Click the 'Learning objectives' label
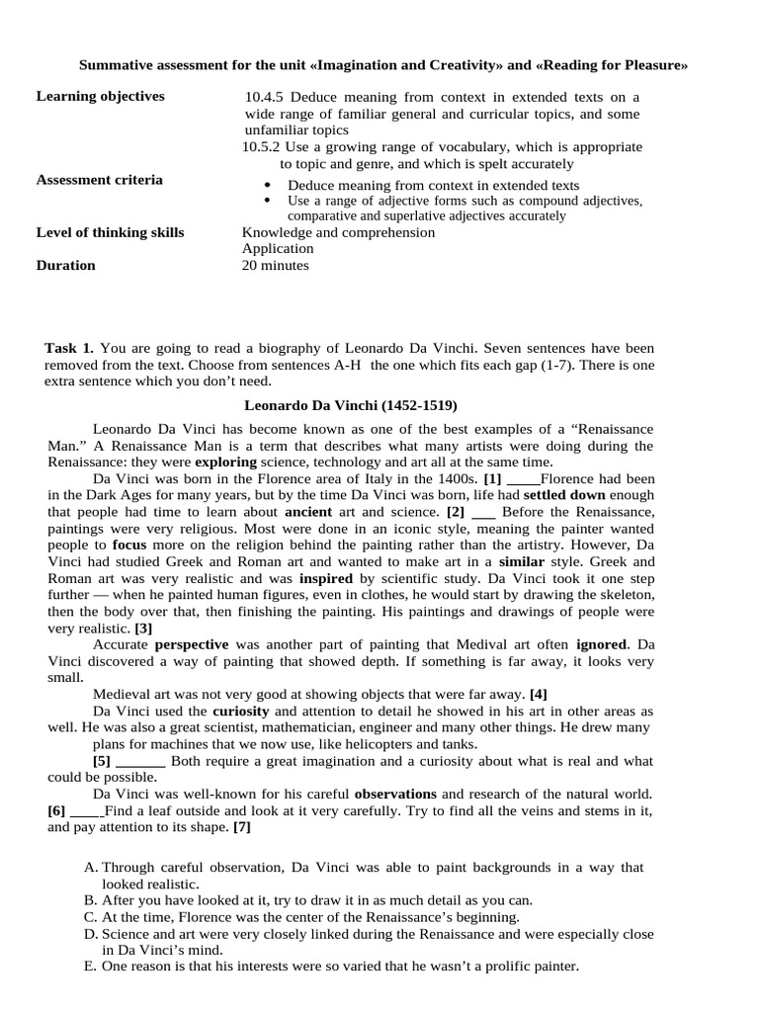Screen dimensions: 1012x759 [x=100, y=97]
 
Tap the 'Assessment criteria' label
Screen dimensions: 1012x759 [x=99, y=180]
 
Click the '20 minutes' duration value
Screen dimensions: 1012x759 [x=275, y=266]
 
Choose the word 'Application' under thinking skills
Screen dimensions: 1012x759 [x=278, y=249]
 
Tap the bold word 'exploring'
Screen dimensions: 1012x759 [x=226, y=463]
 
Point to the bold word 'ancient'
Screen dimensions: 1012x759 [x=308, y=512]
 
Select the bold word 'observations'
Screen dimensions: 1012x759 [x=395, y=794]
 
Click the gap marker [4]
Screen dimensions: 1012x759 [x=538, y=694]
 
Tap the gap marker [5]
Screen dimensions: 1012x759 [x=102, y=761]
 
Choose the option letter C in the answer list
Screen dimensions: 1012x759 [x=90, y=917]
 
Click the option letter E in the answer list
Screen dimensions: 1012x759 [x=90, y=967]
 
